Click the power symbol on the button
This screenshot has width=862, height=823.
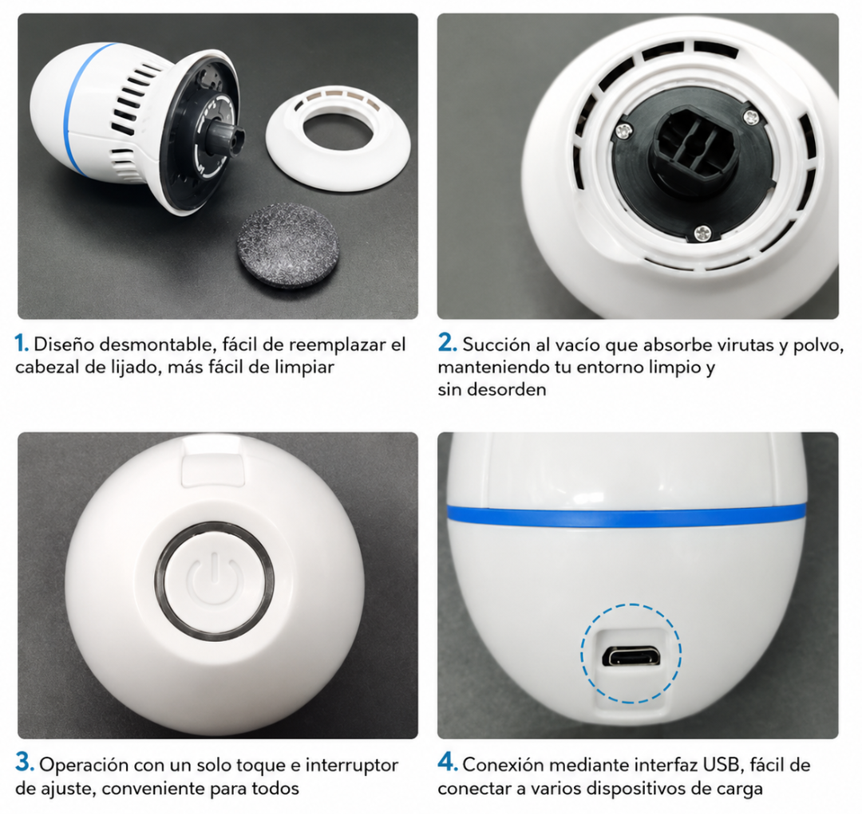(x=215, y=581)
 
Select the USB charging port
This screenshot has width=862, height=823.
(x=631, y=656)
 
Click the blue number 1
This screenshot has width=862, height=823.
(x=22, y=344)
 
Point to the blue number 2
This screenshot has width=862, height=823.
(x=447, y=343)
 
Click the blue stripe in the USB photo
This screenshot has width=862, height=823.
(x=627, y=517)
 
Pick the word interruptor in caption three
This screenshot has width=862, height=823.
(x=351, y=765)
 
